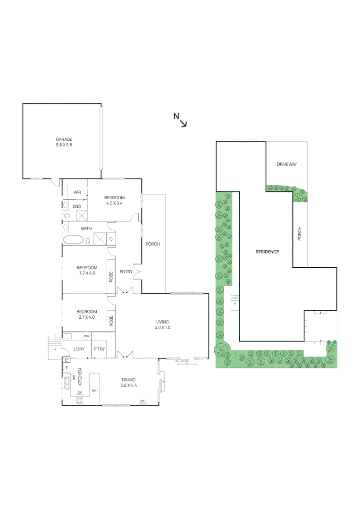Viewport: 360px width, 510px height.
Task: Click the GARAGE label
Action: (64, 139)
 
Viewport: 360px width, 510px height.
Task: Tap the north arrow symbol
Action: (181, 120)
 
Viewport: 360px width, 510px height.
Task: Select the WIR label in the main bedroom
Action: (77, 193)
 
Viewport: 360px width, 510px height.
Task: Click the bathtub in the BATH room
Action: (73, 240)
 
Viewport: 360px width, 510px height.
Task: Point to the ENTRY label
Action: (126, 272)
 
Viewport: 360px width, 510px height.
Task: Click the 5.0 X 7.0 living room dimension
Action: (162, 327)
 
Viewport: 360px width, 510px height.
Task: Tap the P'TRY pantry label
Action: (99, 349)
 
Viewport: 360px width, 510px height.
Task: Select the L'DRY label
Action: (79, 349)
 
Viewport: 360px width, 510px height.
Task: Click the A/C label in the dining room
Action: (142, 401)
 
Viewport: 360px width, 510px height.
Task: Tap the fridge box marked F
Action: (67, 368)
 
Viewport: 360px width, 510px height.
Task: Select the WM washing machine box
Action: (87, 336)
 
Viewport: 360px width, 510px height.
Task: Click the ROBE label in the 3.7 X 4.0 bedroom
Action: (111, 276)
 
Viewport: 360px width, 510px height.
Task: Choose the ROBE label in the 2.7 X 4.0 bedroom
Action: (111, 322)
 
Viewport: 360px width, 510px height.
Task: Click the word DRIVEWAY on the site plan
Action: (287, 164)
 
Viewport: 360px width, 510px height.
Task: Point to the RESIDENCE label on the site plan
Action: (267, 252)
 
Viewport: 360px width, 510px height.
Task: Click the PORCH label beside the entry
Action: (152, 244)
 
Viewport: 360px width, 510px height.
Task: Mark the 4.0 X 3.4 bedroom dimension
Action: (114, 204)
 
